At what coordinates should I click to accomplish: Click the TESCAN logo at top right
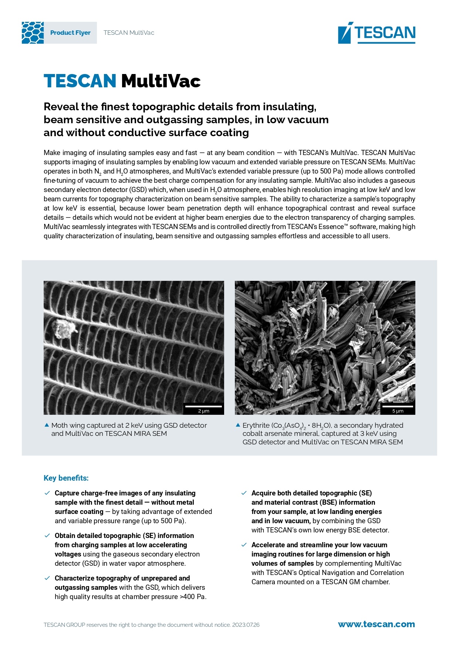pyautogui.click(x=377, y=33)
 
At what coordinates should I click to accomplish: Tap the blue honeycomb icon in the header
pyautogui.click(x=33, y=33)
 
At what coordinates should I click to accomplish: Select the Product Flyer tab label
pyautogui.click(x=70, y=33)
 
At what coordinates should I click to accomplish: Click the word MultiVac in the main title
pyautogui.click(x=161, y=81)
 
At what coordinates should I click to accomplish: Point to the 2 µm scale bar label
pyautogui.click(x=203, y=411)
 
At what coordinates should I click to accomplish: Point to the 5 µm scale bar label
pyautogui.click(x=398, y=411)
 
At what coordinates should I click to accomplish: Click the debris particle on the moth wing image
pyautogui.click(x=64, y=329)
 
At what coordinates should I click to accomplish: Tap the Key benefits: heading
pyautogui.click(x=66, y=478)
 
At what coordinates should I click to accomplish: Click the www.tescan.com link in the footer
pyautogui.click(x=376, y=624)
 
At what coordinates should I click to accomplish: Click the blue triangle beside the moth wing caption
pyautogui.click(x=47, y=425)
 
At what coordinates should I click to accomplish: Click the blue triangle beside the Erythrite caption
pyautogui.click(x=238, y=425)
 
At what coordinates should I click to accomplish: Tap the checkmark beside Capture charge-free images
pyautogui.click(x=47, y=493)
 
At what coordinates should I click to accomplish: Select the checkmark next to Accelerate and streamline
pyautogui.click(x=244, y=545)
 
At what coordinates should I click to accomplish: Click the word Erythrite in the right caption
pyautogui.click(x=256, y=426)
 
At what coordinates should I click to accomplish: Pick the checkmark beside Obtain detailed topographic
pyautogui.click(x=47, y=535)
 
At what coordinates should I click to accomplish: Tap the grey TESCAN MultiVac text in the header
pyautogui.click(x=129, y=33)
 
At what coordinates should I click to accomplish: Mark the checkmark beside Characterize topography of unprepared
pyautogui.click(x=47, y=578)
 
